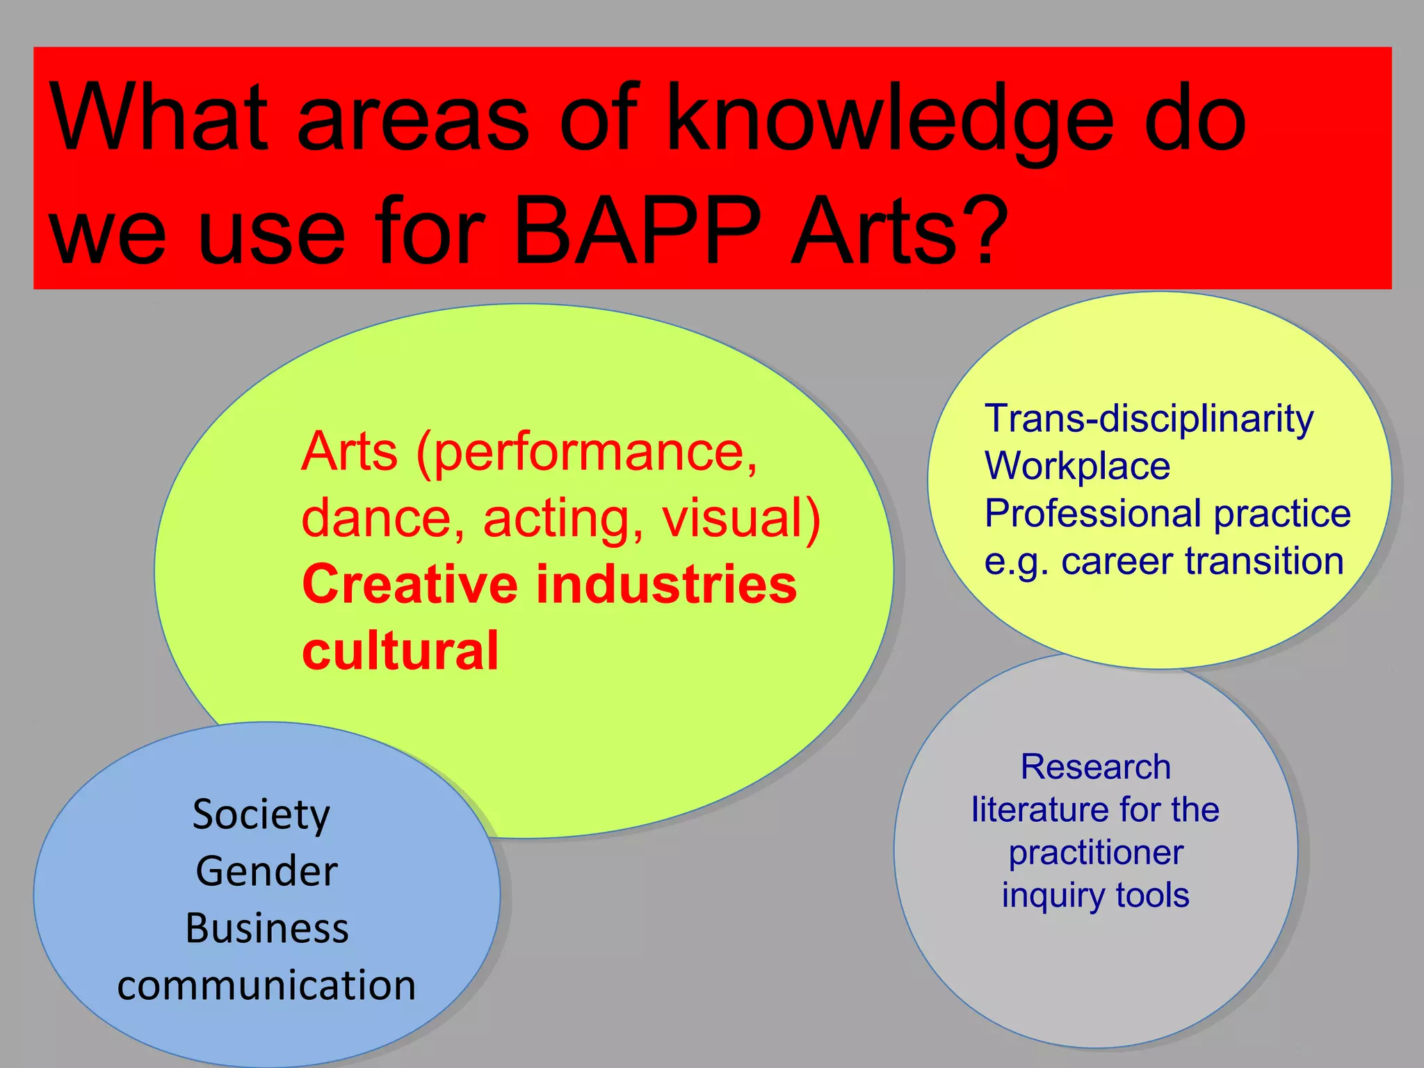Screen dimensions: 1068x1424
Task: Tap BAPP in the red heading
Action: (x=636, y=233)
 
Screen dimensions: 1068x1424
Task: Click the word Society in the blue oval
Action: (x=261, y=815)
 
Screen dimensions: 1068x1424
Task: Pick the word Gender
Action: (x=266, y=872)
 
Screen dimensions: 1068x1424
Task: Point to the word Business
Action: (x=266, y=929)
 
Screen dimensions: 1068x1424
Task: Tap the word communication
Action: (x=266, y=986)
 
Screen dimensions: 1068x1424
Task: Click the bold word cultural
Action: (x=400, y=652)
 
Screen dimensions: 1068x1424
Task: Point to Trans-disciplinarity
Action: (x=1149, y=419)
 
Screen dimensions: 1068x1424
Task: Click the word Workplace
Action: (x=1077, y=467)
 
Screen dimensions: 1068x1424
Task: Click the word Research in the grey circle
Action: (x=1096, y=768)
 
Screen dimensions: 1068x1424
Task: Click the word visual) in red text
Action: (x=741, y=519)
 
